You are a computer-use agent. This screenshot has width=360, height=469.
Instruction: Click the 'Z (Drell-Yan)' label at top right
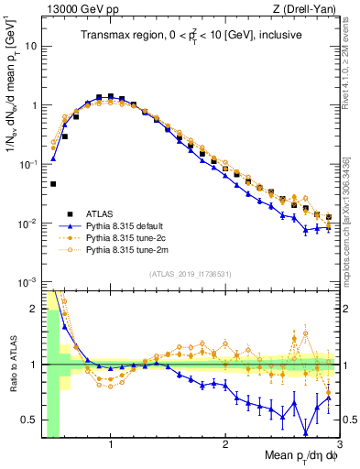pyautogui.click(x=309, y=9)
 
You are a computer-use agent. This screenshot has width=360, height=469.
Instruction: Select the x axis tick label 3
pyautogui.click(x=339, y=446)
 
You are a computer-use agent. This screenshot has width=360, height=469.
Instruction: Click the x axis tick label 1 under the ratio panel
pyautogui.click(x=111, y=446)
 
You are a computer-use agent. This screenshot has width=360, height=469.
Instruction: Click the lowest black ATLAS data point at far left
pyautogui.click(x=53, y=184)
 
